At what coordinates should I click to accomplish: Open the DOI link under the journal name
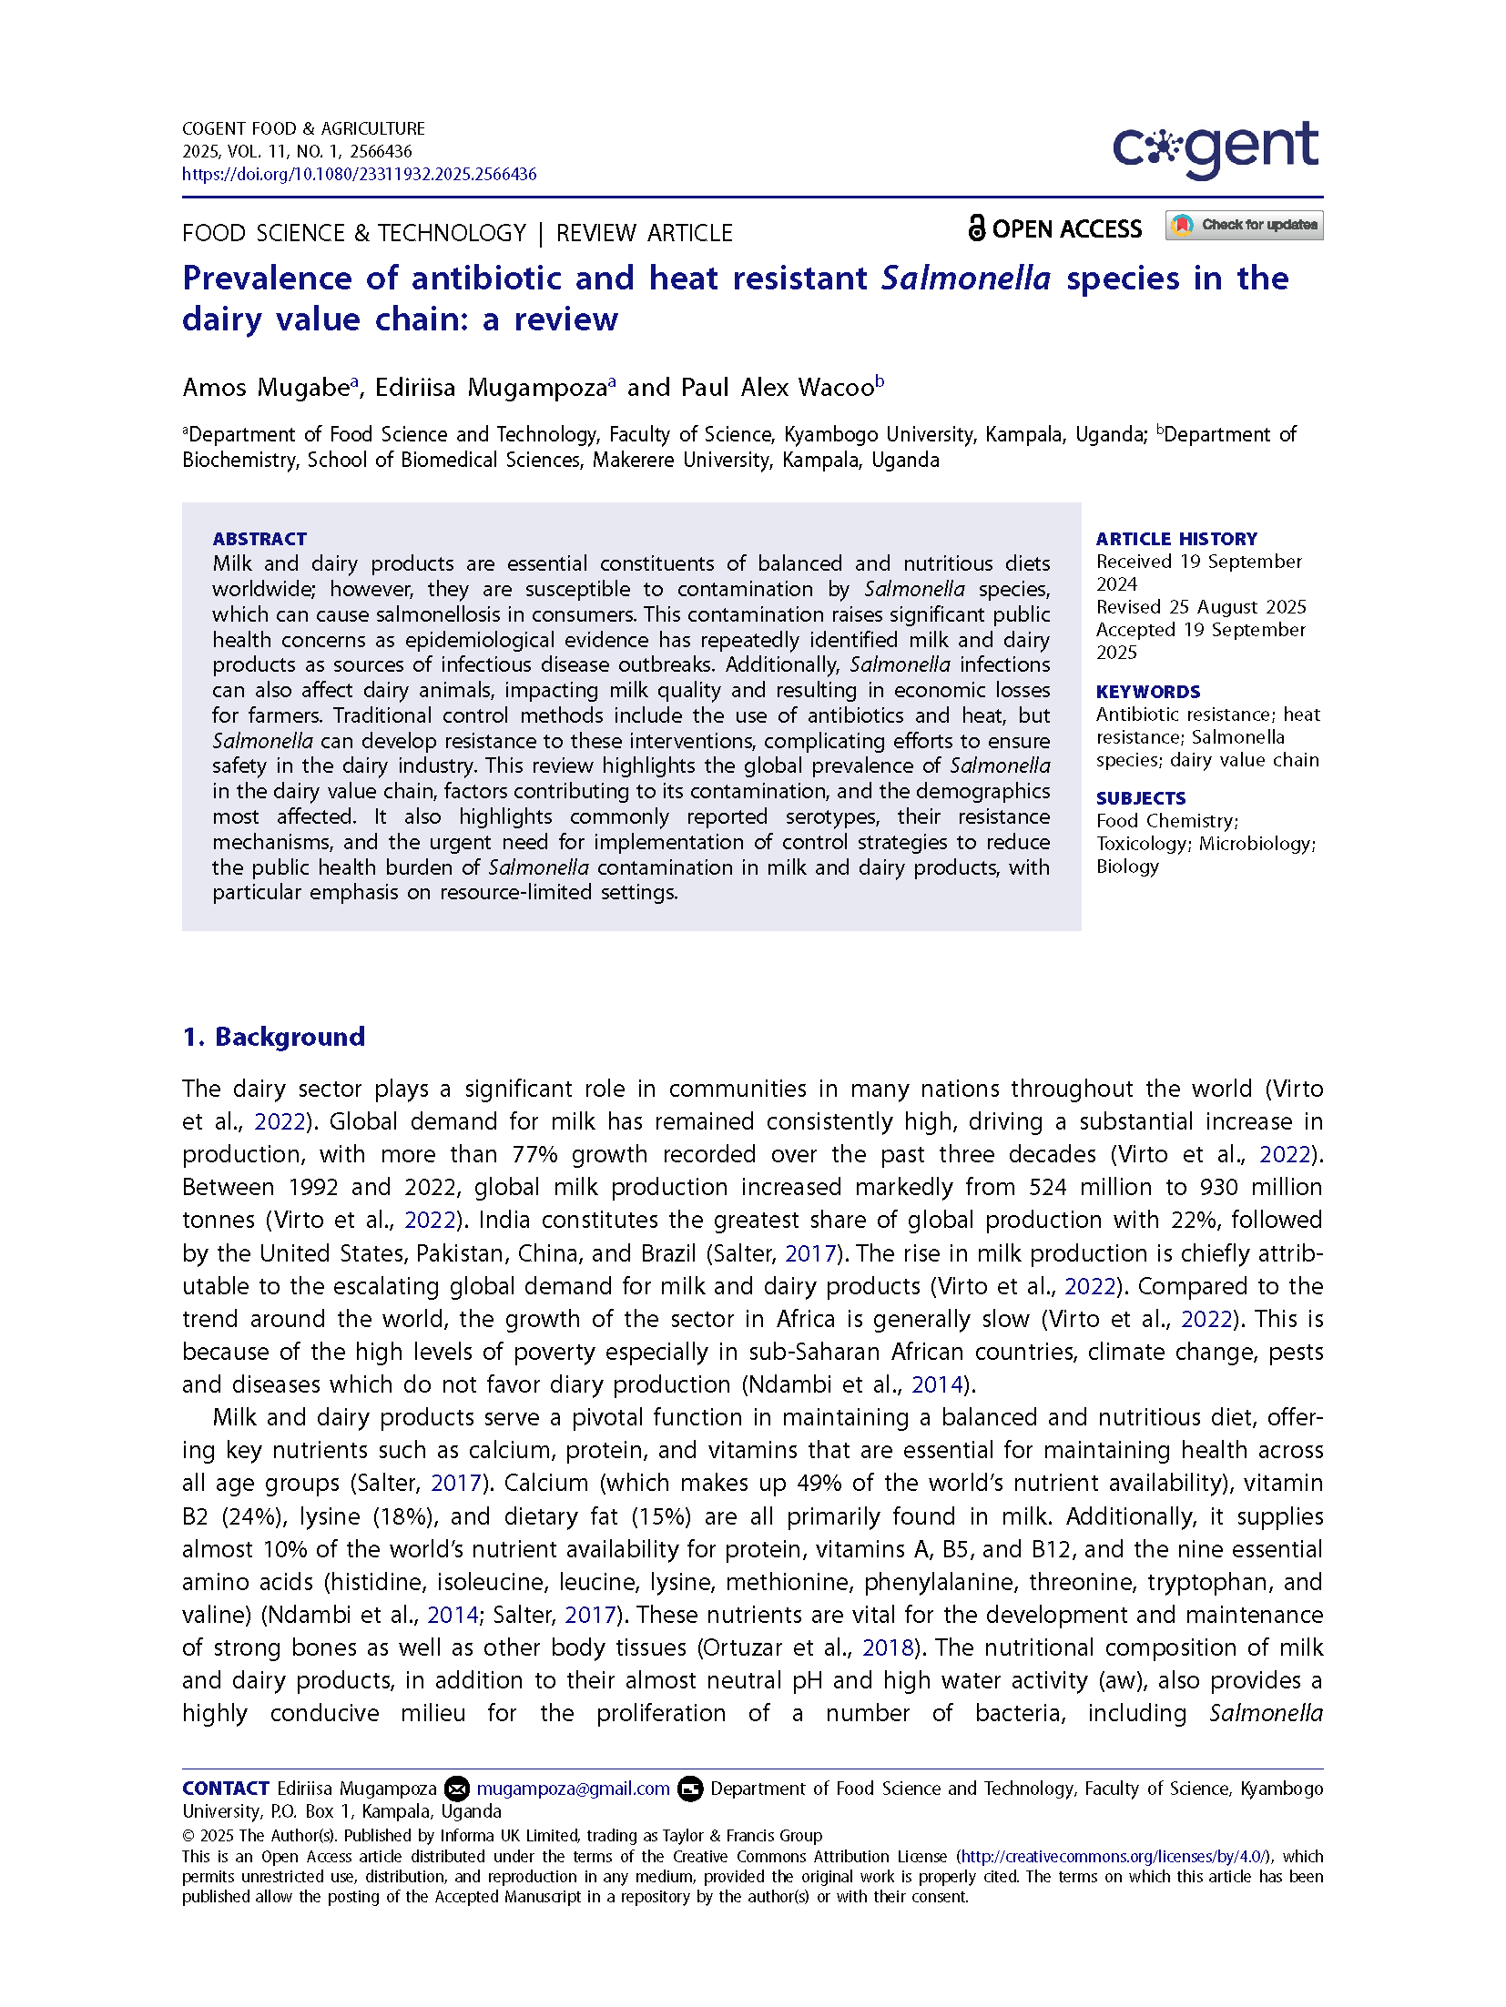tap(359, 174)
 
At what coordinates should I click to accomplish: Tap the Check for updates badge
tap(1244, 225)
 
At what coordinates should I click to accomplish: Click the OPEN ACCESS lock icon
tap(976, 228)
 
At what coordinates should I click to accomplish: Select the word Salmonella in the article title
tap(965, 279)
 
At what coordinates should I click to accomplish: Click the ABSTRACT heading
tap(259, 539)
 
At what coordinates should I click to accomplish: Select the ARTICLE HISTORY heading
tap(1175, 539)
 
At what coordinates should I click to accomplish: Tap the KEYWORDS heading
tap(1147, 692)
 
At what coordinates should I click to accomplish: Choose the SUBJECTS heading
tap(1140, 798)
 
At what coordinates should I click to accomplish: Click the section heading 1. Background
tap(273, 1037)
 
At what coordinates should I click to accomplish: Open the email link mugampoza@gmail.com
tap(573, 1789)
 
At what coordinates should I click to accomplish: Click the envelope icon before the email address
tap(456, 1789)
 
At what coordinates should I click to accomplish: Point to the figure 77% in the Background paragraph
tap(534, 1154)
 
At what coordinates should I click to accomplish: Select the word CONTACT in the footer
tap(225, 1789)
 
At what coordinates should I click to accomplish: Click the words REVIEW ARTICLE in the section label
tap(644, 233)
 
